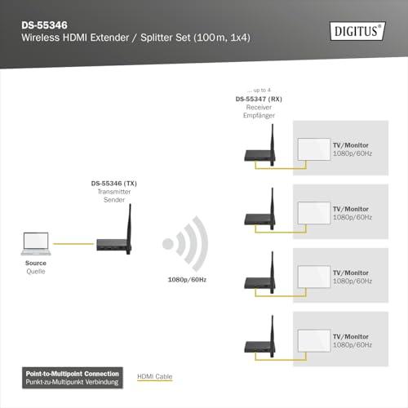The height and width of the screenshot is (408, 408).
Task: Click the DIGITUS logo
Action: [x=357, y=31]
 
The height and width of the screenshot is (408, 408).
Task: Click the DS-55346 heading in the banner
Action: [x=44, y=25]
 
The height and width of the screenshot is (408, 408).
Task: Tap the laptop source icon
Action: [x=36, y=244]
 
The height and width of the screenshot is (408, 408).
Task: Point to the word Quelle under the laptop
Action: [x=36, y=271]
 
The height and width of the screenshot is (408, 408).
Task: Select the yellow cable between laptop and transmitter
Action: [x=73, y=244]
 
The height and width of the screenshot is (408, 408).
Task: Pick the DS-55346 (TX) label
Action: [x=114, y=184]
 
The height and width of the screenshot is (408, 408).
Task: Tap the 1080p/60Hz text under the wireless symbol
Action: [x=187, y=280]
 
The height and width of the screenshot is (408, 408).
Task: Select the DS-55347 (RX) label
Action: [x=259, y=99]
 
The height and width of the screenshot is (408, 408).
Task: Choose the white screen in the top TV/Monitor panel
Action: [x=314, y=149]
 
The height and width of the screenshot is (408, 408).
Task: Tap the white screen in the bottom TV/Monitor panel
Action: [x=314, y=340]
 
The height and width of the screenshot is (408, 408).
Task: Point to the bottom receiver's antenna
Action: [x=273, y=336]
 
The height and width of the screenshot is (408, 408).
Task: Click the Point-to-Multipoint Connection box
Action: [x=73, y=378]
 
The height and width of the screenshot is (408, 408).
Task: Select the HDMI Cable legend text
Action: [x=155, y=376]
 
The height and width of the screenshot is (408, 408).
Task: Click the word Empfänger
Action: [x=259, y=116]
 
